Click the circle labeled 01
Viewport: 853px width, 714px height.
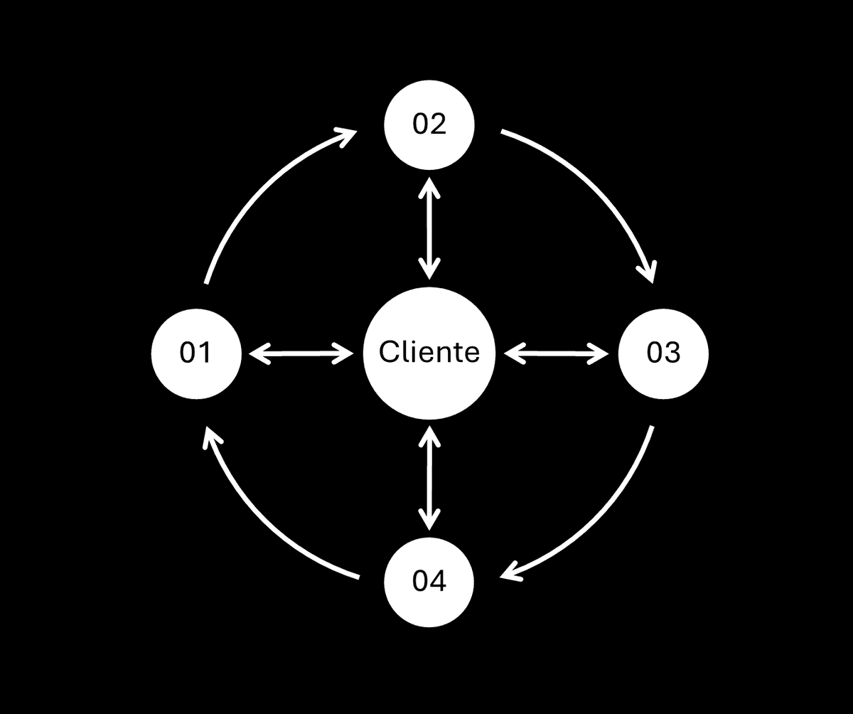coord(196,353)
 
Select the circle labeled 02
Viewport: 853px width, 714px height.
coord(429,124)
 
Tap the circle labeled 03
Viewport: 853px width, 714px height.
coord(663,353)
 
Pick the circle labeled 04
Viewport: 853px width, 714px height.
coord(429,582)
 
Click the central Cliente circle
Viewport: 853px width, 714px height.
coord(429,353)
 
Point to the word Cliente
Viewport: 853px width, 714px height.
coord(429,352)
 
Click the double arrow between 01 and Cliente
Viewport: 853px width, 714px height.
coord(301,353)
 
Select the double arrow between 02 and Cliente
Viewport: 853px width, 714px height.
coord(429,228)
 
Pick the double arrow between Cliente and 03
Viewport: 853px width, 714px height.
coord(557,353)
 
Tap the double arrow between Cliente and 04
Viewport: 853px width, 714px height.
coord(429,478)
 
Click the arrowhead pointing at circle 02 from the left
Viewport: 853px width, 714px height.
coord(348,135)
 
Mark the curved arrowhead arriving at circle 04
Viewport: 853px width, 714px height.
coord(510,572)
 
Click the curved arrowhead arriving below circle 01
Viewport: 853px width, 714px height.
coord(211,437)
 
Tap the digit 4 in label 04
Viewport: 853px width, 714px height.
coord(438,581)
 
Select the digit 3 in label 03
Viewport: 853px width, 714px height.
coord(672,352)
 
